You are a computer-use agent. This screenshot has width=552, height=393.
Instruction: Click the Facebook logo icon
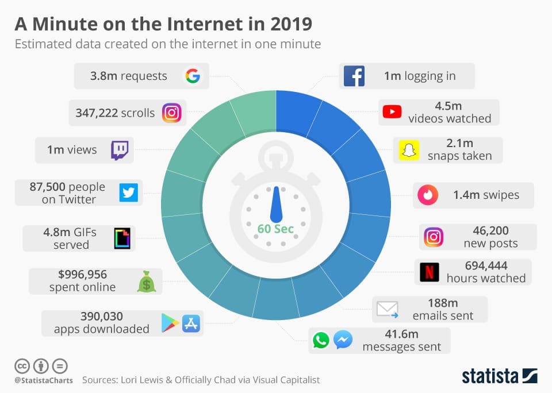354,76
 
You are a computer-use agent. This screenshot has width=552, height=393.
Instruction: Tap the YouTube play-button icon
392,112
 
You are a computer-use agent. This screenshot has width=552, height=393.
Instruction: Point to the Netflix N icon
428,272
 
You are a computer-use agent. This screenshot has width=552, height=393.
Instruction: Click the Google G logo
191,75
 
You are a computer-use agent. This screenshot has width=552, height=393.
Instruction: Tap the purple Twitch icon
120,150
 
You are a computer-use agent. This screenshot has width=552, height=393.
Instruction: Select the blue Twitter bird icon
129,192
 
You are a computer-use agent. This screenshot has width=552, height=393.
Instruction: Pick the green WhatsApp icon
321,340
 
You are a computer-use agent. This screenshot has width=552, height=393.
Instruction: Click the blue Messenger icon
343,340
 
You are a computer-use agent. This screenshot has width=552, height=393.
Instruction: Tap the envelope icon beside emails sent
387,309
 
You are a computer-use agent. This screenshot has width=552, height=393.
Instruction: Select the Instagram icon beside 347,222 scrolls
171,113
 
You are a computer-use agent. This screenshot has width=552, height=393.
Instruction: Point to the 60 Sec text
275,229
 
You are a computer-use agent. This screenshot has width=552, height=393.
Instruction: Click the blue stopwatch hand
277,204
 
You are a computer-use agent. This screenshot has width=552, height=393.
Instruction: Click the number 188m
443,303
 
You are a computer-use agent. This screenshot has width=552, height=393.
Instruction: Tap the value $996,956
82,274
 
